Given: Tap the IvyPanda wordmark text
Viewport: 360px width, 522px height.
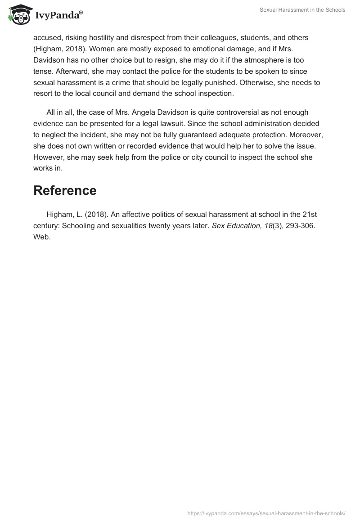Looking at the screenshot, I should (x=58, y=15).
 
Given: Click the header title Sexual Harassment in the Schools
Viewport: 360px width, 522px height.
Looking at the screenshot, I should (x=302, y=10).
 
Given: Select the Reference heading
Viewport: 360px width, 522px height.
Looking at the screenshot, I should (x=65, y=190).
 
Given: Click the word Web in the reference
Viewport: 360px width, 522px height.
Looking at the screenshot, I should (x=41, y=237).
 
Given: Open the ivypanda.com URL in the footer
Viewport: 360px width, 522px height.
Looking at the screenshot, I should (x=266, y=513).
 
